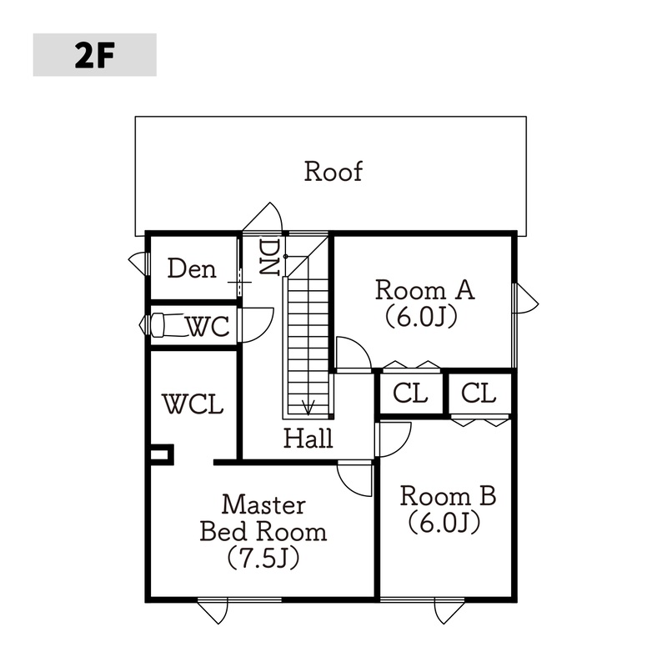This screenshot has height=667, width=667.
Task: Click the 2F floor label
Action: click(x=94, y=55)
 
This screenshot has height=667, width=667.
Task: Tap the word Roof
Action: click(x=333, y=172)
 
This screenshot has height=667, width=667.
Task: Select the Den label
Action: click(x=192, y=268)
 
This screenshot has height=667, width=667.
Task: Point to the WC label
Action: click(x=207, y=327)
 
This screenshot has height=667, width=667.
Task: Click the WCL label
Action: click(x=193, y=405)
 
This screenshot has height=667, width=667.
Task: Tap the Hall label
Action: click(x=308, y=438)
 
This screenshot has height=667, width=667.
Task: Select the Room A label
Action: click(x=424, y=291)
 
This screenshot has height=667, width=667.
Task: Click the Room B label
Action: click(x=448, y=496)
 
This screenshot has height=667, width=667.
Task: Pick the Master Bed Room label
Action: click(x=264, y=517)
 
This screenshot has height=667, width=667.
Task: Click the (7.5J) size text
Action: click(x=264, y=556)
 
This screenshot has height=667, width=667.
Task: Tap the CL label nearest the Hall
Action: click(x=410, y=393)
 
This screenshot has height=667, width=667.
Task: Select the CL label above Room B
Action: click(x=478, y=393)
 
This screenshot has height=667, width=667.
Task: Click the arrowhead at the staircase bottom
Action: click(x=308, y=408)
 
